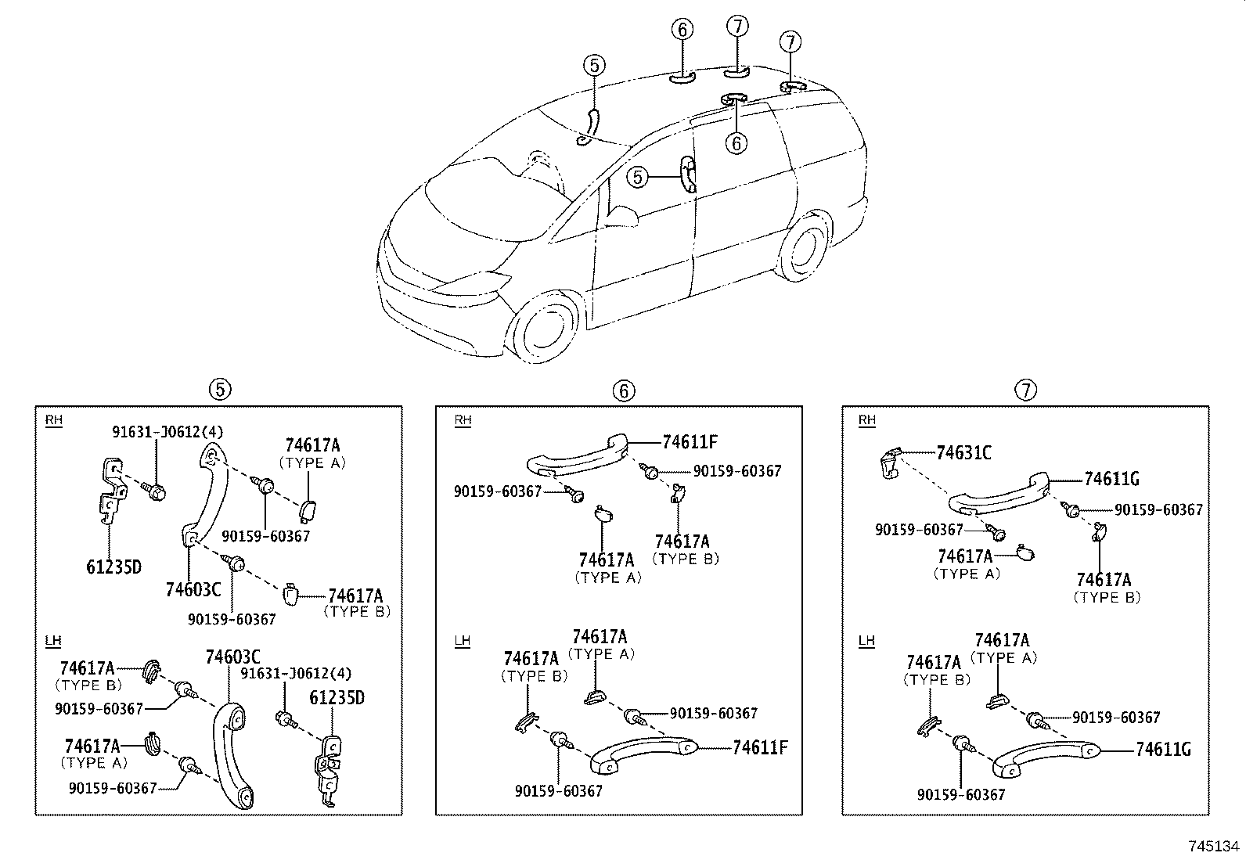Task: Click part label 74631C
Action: pyautogui.click(x=963, y=453)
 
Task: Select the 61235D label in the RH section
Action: pyautogui.click(x=113, y=567)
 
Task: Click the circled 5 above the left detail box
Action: pyautogui.click(x=220, y=388)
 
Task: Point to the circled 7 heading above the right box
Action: pyautogui.click(x=1025, y=389)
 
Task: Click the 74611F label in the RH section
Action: pyautogui.click(x=690, y=441)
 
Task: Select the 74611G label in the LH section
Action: pyautogui.click(x=1163, y=750)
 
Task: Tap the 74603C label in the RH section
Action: pyautogui.click(x=193, y=588)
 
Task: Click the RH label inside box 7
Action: pyautogui.click(x=866, y=420)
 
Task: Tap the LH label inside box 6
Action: pyautogui.click(x=463, y=641)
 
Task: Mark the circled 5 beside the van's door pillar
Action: pyautogui.click(x=638, y=178)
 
